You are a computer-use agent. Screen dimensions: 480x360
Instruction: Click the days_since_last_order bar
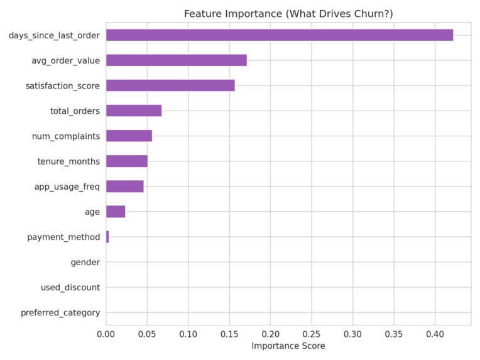[280, 35]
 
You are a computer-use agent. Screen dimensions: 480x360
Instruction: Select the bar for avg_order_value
[177, 60]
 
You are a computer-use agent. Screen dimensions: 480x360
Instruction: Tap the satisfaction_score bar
[170, 85]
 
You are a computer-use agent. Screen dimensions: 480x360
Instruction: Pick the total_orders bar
[134, 111]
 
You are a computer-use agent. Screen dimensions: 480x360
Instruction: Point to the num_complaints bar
[129, 136]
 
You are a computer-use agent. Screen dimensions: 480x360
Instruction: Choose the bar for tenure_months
[127, 161]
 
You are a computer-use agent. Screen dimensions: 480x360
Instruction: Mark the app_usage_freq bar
[125, 187]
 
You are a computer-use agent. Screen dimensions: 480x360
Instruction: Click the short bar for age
[116, 212]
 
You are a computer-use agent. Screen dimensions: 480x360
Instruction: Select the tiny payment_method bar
[107, 237]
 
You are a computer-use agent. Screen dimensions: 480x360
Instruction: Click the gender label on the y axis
[85, 263]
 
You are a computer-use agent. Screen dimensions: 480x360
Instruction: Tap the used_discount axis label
[70, 288]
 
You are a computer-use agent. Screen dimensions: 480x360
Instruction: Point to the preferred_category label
[60, 313]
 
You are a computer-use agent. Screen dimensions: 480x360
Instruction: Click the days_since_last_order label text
[54, 36]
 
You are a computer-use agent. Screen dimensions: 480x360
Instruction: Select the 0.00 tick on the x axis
[106, 334]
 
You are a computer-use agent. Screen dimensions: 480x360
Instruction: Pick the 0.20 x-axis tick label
[271, 334]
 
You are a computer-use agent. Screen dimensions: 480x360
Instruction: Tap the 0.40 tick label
[435, 334]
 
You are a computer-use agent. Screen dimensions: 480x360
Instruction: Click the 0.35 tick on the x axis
[394, 334]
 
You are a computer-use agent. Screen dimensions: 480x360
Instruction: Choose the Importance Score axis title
[288, 346]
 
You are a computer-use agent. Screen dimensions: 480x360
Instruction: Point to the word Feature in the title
[203, 14]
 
